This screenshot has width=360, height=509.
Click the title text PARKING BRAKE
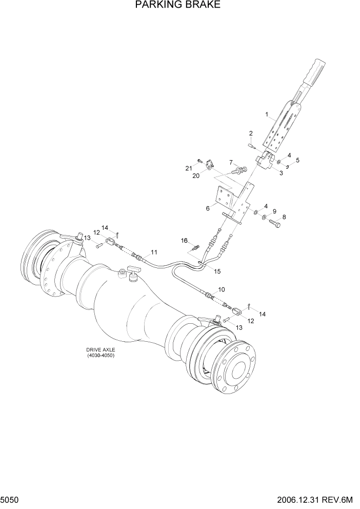177,6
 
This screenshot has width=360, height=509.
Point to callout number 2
251,134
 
